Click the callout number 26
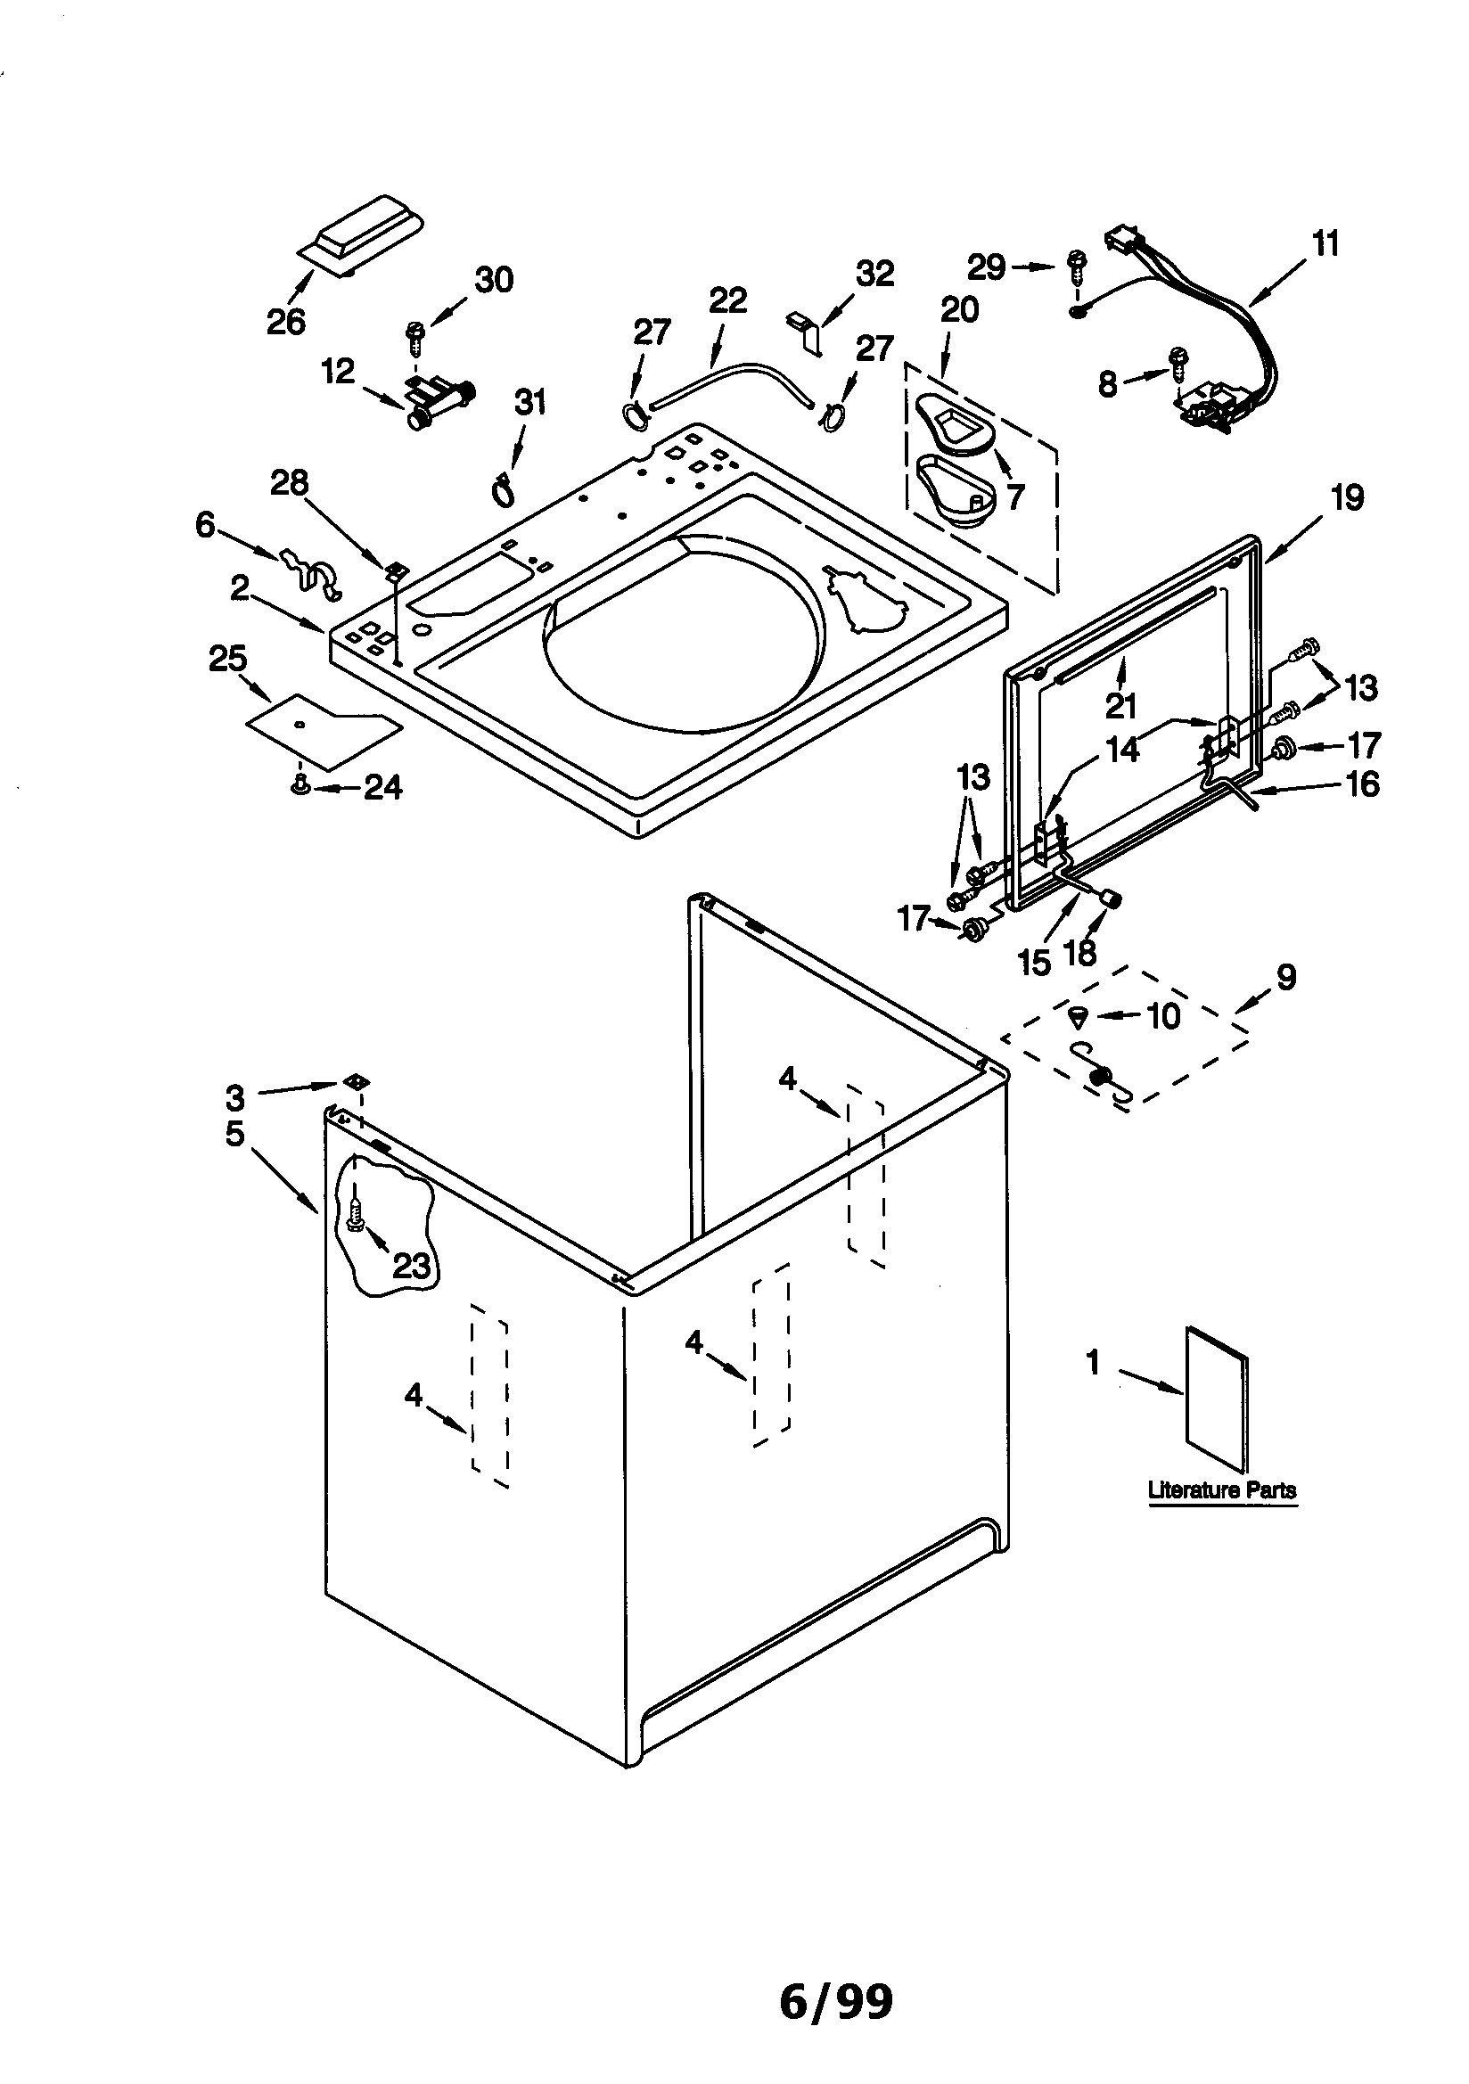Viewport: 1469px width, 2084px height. point(286,321)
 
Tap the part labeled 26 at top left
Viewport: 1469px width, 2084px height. point(362,234)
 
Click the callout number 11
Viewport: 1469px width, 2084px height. point(1325,243)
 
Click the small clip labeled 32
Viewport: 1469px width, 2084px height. point(804,329)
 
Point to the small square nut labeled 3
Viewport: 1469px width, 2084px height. point(357,1082)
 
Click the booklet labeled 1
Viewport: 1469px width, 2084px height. point(1218,1399)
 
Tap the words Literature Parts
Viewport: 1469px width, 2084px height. point(1222,1490)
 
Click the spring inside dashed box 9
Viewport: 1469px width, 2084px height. point(1101,1078)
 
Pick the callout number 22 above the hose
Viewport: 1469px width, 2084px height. point(727,300)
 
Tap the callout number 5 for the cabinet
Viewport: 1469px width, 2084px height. point(235,1134)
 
